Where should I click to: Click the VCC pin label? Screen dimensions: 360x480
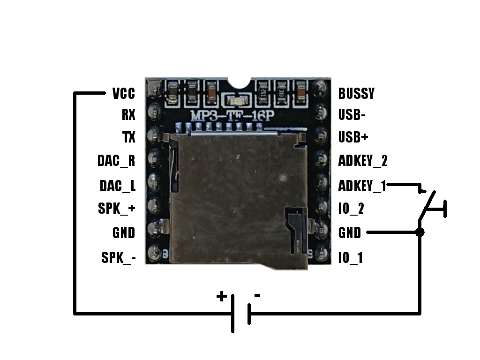tap(124, 93)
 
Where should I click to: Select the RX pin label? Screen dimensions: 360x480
tap(128, 115)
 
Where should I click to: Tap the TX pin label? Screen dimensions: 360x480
tap(128, 137)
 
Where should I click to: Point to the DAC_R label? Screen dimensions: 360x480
tap(116, 161)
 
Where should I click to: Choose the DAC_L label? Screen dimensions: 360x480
tap(117, 186)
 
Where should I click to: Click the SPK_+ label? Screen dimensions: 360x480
tap(117, 209)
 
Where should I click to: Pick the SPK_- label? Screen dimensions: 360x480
tap(118, 257)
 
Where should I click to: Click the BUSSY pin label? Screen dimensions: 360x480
tap(356, 93)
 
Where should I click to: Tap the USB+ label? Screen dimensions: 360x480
tap(353, 137)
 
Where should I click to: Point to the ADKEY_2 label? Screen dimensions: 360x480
tap(363, 161)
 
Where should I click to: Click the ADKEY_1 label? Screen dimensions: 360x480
tap(362, 186)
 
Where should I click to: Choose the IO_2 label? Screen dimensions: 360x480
tap(351, 209)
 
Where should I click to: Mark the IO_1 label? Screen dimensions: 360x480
tap(350, 257)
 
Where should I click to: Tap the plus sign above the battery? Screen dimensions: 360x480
tap(221, 296)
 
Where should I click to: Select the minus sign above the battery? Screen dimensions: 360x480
tap(257, 295)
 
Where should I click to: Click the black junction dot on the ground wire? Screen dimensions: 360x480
tap(420, 232)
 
